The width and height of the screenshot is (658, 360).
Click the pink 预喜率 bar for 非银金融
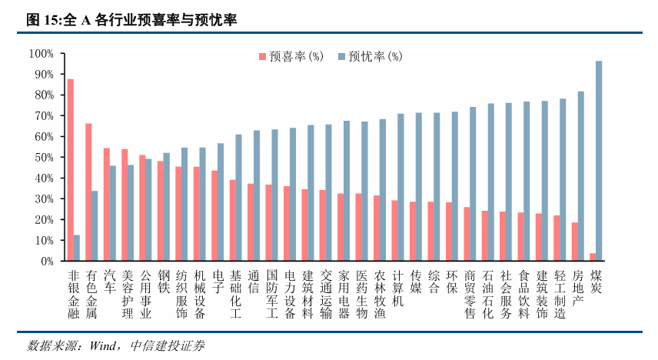71,170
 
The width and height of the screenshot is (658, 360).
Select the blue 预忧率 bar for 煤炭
599,161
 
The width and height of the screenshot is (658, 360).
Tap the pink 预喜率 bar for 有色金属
88,192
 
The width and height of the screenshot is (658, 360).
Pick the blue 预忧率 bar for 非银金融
77,248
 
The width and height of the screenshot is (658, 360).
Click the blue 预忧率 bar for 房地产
581,176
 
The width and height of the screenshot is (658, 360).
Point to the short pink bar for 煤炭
593,257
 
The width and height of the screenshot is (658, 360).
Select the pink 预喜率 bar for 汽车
107,205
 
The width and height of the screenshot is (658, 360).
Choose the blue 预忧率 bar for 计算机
400,187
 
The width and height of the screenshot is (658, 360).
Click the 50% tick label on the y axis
43,158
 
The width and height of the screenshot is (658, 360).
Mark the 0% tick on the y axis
46,262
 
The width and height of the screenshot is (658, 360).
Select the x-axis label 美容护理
128,294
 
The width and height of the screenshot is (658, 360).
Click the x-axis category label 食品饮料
524,294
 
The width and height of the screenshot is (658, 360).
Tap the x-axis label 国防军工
271,294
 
